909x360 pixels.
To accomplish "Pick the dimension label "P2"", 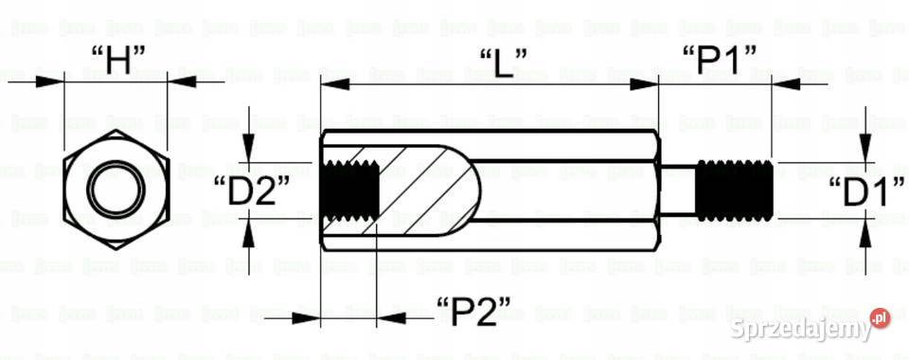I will (x=487, y=311).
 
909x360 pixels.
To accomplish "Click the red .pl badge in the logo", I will (x=880, y=318).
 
